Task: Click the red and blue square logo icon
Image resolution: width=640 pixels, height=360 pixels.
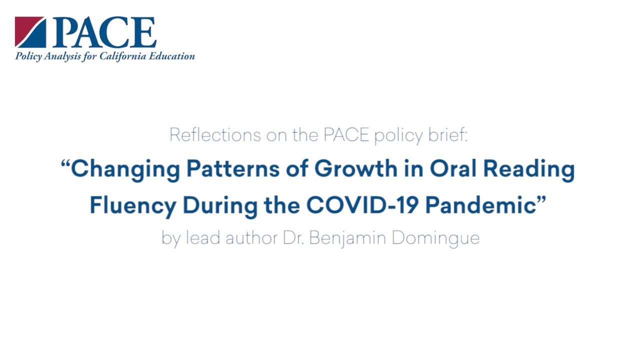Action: [30, 32]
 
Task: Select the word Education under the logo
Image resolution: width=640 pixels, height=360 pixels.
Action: [170, 56]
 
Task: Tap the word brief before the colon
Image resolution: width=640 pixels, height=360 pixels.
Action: [448, 135]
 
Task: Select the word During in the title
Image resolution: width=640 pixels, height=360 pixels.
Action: [214, 205]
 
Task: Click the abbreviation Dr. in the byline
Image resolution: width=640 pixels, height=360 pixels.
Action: [292, 238]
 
